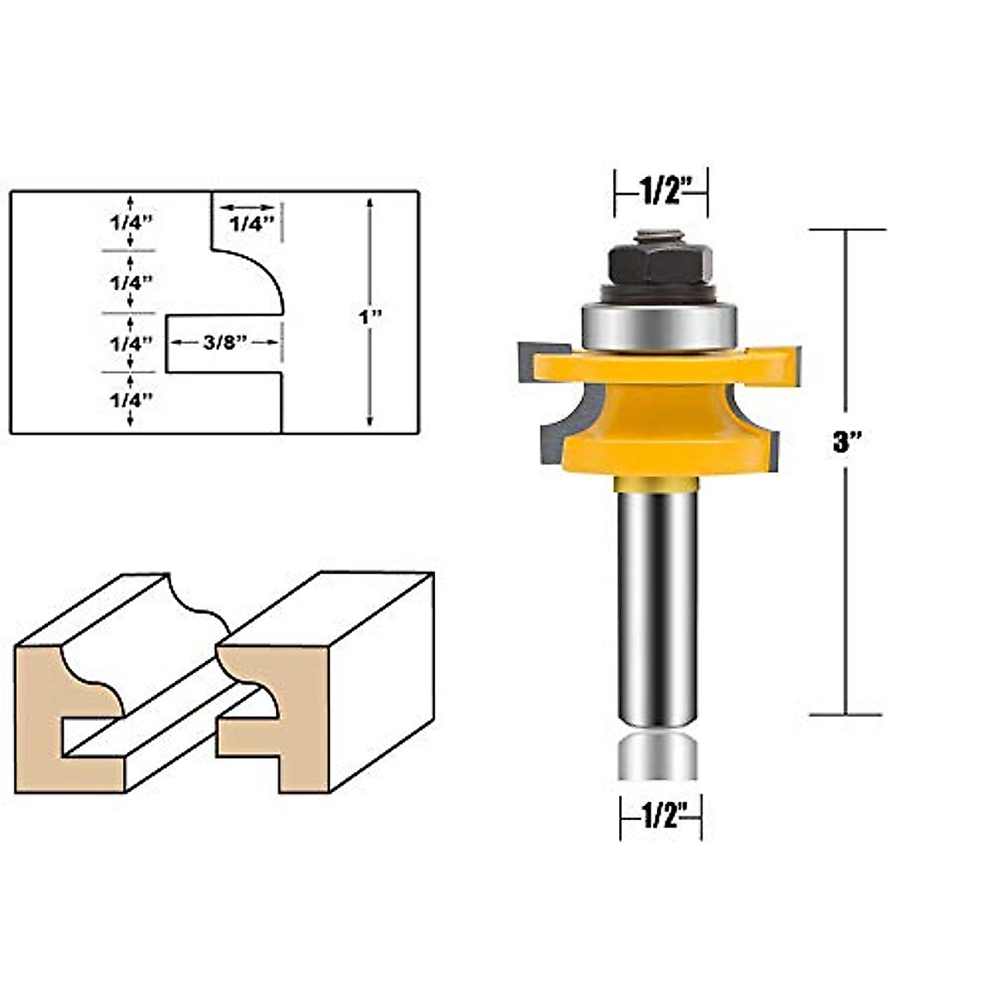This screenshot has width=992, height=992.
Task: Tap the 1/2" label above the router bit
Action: (x=661, y=192)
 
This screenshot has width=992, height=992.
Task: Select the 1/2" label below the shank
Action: (x=661, y=817)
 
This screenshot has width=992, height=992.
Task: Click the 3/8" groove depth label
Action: (x=225, y=342)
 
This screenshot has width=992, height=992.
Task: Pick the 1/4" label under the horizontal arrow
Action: (x=250, y=224)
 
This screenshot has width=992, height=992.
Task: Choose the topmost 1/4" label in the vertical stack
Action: (x=131, y=222)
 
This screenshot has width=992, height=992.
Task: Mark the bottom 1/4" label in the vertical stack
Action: (x=131, y=399)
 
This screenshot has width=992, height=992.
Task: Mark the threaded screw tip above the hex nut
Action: (x=658, y=236)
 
